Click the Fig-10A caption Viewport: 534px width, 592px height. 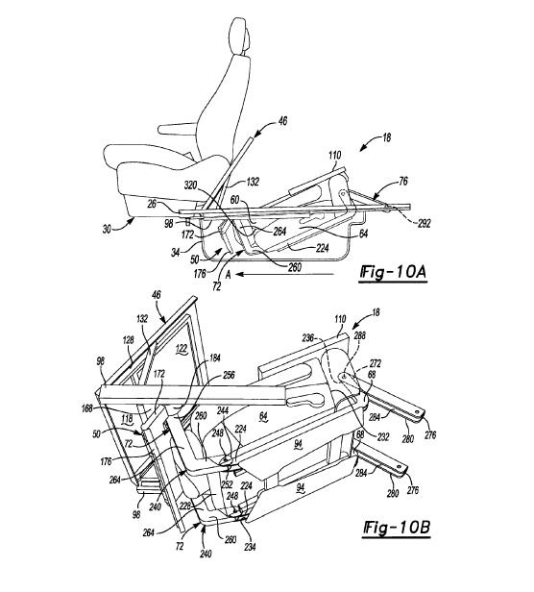(393, 272)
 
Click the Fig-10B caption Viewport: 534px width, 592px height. (397, 527)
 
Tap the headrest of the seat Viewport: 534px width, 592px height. (240, 36)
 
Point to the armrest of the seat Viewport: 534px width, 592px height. (178, 129)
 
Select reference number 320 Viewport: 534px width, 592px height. (191, 185)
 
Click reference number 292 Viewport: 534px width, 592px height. (424, 223)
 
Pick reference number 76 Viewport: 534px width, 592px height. (403, 182)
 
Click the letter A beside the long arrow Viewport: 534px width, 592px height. (228, 275)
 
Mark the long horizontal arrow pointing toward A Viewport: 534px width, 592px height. (285, 274)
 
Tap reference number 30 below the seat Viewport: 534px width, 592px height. (107, 229)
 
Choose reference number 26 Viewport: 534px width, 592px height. (152, 204)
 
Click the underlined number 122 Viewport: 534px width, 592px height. (182, 350)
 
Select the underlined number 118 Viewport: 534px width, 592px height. (127, 418)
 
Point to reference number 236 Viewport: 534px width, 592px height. (308, 338)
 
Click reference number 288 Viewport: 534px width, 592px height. (360, 335)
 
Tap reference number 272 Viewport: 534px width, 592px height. (375, 363)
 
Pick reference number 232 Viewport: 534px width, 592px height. (382, 436)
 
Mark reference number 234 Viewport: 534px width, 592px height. (250, 546)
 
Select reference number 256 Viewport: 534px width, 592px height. (229, 375)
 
